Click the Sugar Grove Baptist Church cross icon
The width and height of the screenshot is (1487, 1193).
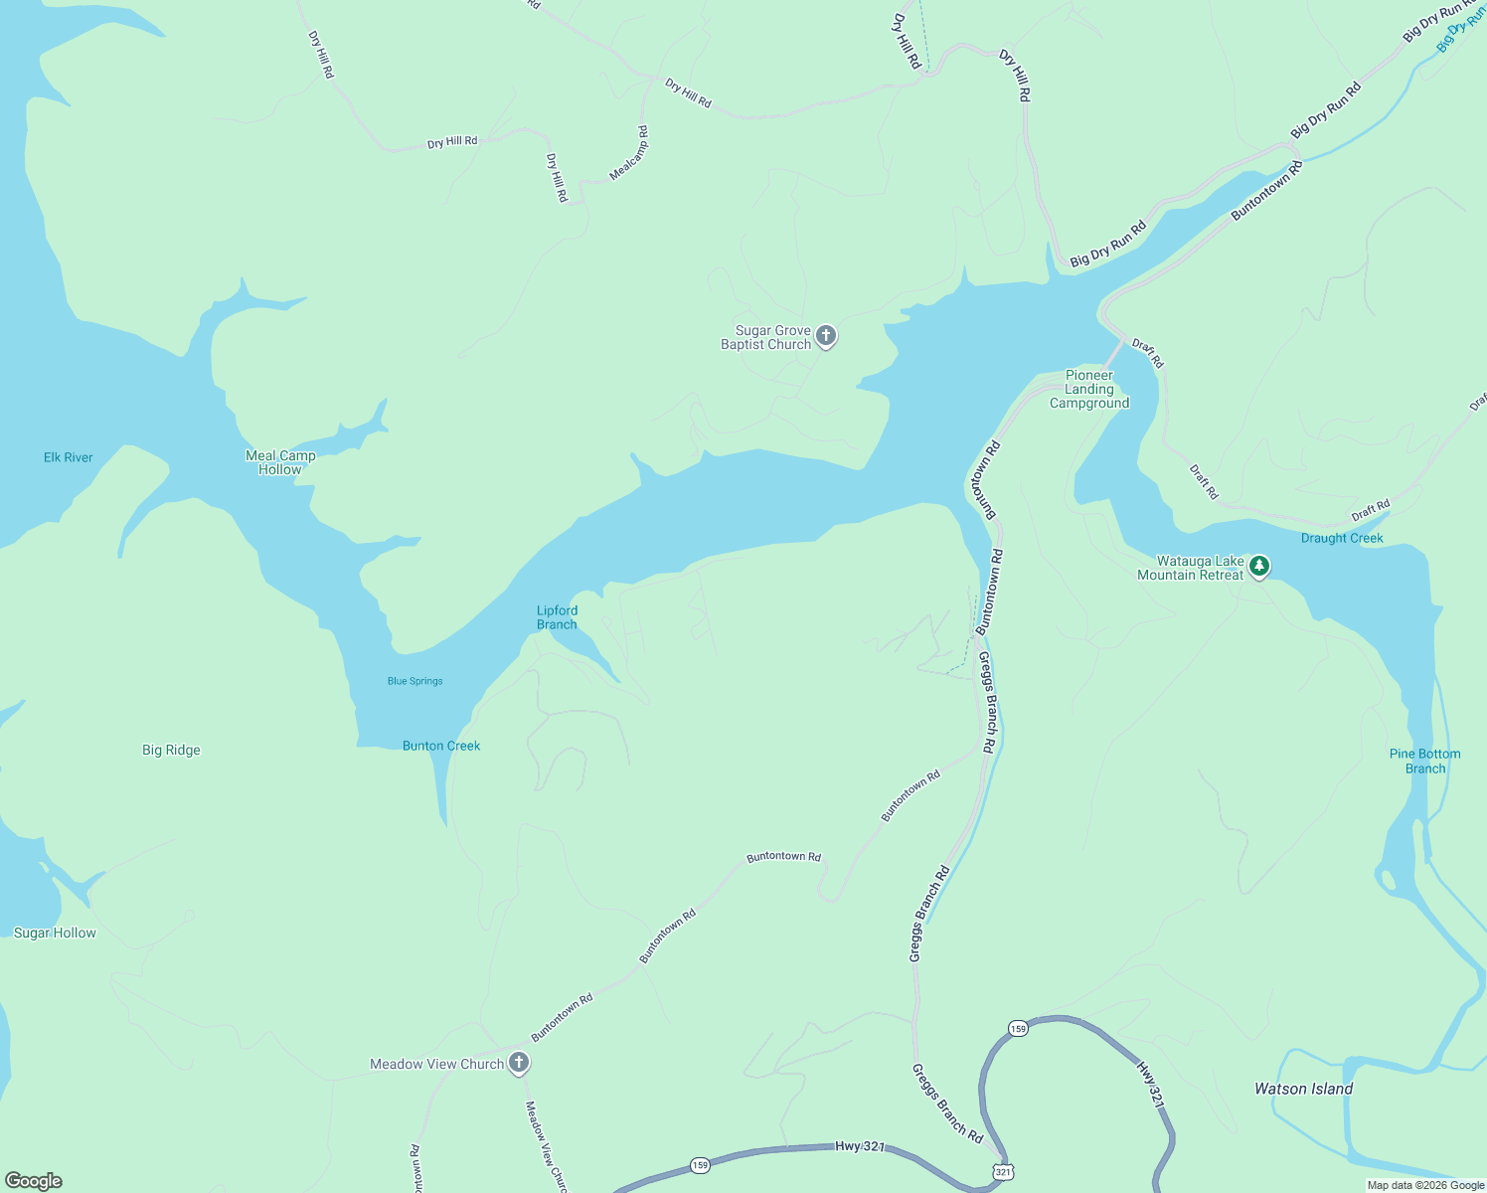point(826,336)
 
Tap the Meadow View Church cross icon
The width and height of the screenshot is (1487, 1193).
point(518,1063)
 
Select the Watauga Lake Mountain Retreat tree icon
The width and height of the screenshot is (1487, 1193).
point(1259,567)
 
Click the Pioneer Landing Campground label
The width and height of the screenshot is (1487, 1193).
point(1089,390)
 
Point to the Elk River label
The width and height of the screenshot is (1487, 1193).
point(69,457)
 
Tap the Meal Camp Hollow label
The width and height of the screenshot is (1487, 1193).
point(280,462)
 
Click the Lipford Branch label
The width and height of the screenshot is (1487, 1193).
point(557,617)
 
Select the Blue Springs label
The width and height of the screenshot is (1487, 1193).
point(415,681)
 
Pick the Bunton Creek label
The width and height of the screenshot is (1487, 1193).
point(441,746)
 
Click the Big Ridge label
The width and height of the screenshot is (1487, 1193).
point(171,750)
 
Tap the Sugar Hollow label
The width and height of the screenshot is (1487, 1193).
point(55,933)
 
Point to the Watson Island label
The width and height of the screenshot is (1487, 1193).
point(1303,1089)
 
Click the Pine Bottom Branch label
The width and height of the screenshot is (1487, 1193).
point(1424,761)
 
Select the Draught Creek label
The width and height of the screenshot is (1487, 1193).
point(1342,538)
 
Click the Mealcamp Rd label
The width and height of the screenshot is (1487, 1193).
point(629,153)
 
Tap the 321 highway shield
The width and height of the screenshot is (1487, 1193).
point(1003,1172)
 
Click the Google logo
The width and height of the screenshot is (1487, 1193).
point(33,1180)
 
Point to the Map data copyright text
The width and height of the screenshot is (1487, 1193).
point(1425,1185)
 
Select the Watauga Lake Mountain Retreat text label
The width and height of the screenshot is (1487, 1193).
point(1191,568)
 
